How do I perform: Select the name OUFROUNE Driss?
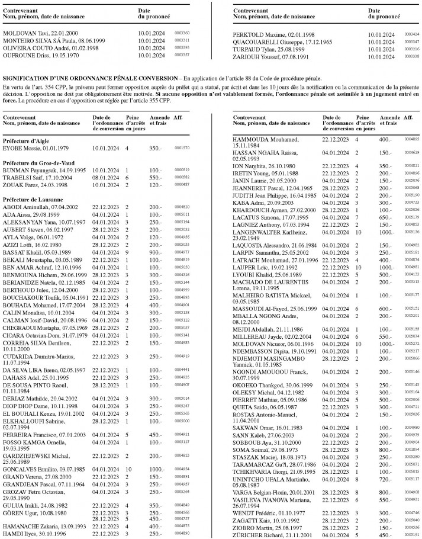click(23, 55)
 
